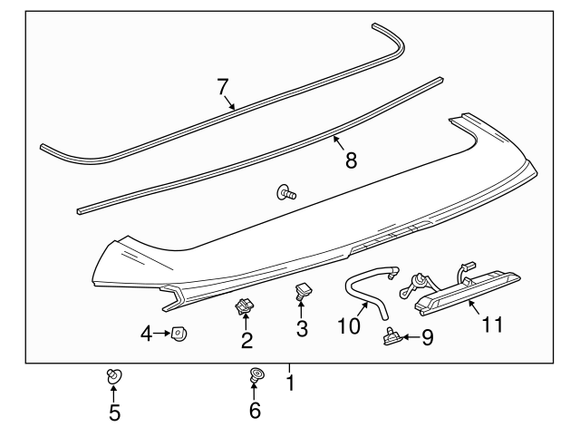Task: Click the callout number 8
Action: [350, 160]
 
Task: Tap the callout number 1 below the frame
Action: [290, 383]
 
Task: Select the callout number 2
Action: [246, 341]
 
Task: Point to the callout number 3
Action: [302, 325]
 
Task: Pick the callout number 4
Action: [147, 335]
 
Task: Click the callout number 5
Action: [114, 412]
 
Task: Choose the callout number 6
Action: [255, 412]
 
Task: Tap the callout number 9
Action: [428, 337]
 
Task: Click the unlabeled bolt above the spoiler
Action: [286, 192]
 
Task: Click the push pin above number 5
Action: [114, 375]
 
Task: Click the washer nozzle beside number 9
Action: [393, 336]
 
